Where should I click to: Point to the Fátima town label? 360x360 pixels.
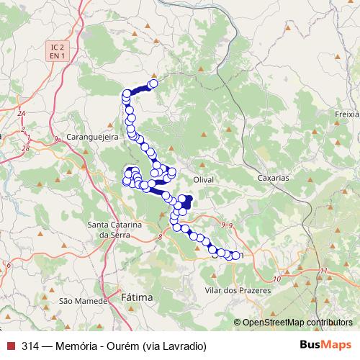pyautogui.click(x=137, y=297)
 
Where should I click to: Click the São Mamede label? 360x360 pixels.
pyautogui.click(x=77, y=300)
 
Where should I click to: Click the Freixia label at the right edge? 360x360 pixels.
pyautogui.click(x=346, y=114)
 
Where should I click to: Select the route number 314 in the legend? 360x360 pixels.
pyautogui.click(x=30, y=345)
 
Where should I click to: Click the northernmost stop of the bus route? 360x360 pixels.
pyautogui.click(x=153, y=84)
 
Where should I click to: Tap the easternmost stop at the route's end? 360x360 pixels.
pyautogui.click(x=235, y=255)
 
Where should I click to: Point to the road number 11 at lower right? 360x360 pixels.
pyautogui.click(x=324, y=270)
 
